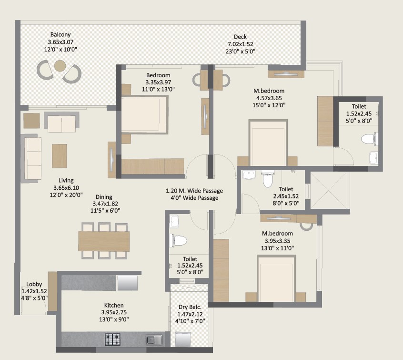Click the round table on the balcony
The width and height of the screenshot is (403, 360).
tap(60, 66)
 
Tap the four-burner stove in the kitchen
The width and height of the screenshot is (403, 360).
tap(112, 339)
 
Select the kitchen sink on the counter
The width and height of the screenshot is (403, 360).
tap(154, 339)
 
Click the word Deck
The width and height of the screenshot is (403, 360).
tap(240, 37)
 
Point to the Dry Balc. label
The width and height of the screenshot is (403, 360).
tap(190, 307)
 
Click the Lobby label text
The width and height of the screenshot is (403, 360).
tap(34, 284)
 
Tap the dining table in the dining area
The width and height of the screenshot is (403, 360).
tap(104, 241)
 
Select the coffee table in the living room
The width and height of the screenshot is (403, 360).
tap(60, 156)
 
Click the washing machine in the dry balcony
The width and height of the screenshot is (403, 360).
tap(183, 339)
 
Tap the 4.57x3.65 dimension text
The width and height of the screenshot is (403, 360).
tap(269, 98)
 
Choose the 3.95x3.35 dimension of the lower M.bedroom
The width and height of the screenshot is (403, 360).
tap(277, 241)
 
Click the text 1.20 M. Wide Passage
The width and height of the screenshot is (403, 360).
tap(194, 191)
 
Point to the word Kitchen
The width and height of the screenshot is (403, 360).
tap(114, 305)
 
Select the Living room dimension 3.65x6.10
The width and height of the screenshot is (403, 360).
tap(66, 187)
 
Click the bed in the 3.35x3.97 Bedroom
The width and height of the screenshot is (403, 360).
tap(144, 114)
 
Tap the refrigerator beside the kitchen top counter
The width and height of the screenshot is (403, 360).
tap(128, 283)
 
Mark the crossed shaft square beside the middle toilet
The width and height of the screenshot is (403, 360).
tap(329, 190)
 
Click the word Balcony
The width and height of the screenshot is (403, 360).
tap(60, 34)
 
